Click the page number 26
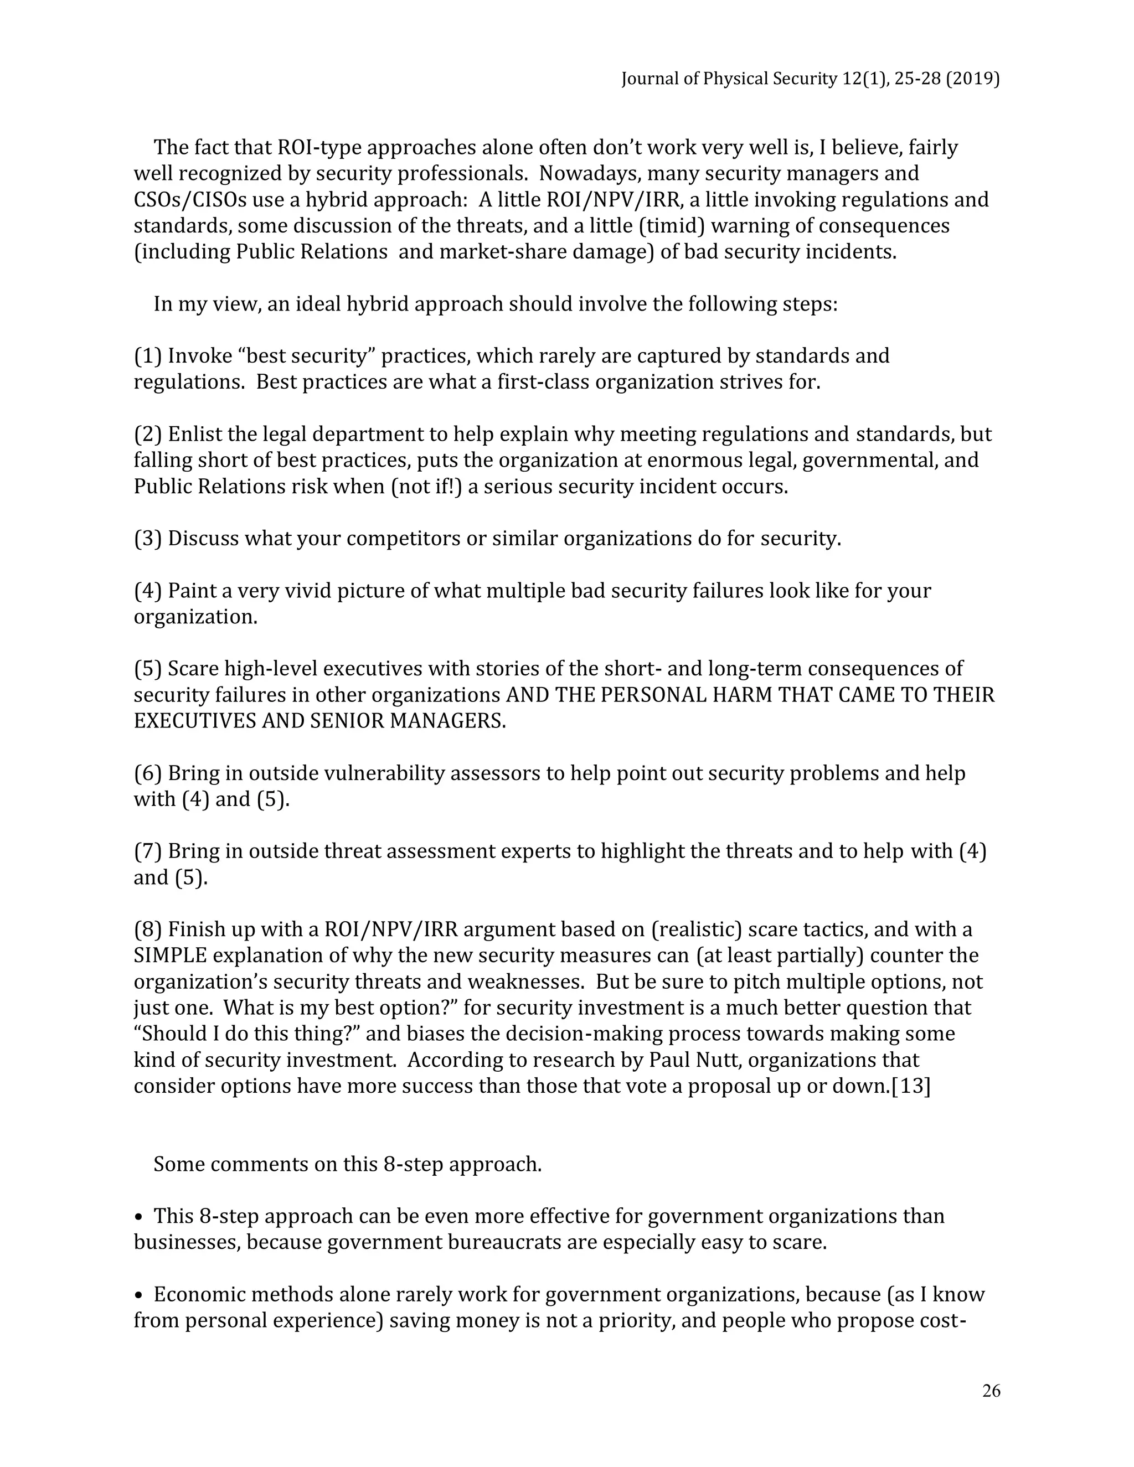[991, 1391]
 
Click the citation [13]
[910, 1086]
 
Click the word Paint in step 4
[190, 591]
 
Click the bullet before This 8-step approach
[139, 1216]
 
